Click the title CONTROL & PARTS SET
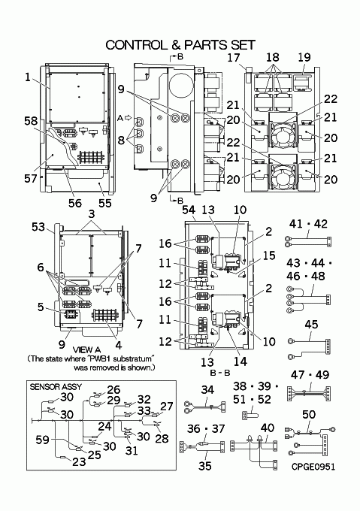point(180,45)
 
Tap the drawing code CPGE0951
point(313,467)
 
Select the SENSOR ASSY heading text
point(56,387)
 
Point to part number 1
point(28,77)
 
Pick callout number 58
point(31,121)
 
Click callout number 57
point(31,178)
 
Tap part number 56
point(75,203)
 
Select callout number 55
point(105,203)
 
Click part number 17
point(234,58)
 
